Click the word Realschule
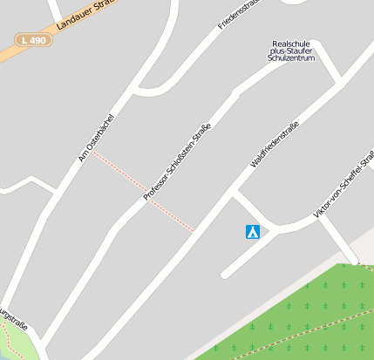pos(291,43)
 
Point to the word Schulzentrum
pos(291,60)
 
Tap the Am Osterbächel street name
pos(95,137)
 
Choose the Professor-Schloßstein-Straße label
pos(177,162)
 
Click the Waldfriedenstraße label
pos(274,145)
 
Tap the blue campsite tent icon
pos(252,232)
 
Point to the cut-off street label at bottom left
pos(13,319)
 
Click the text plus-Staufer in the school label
pos(291,51)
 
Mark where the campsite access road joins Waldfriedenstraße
pos(235,194)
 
